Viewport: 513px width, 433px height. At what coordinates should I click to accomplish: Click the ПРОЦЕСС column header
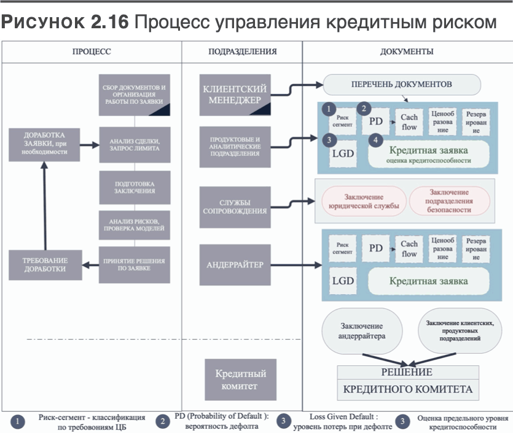[x=92, y=52]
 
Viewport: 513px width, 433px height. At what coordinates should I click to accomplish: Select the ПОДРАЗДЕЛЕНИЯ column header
[x=241, y=52]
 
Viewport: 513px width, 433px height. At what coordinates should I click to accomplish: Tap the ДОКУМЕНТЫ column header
[x=407, y=52]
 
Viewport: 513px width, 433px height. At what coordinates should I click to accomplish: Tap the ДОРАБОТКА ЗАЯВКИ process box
[x=44, y=145]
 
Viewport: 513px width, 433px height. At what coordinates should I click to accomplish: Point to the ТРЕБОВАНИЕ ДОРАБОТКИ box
[x=44, y=265]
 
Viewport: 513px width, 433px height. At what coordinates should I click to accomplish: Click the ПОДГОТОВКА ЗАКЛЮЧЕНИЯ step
[x=135, y=187]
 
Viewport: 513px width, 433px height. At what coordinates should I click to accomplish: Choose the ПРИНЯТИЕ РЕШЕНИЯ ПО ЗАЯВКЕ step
[x=135, y=265]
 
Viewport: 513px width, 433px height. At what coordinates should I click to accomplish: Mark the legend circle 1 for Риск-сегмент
[x=19, y=422]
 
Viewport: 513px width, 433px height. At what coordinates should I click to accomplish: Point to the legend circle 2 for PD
[x=163, y=422]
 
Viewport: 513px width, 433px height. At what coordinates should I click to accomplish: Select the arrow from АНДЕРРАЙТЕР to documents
[x=295, y=265]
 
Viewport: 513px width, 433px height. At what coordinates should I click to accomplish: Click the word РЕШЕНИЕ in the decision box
[x=407, y=372]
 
